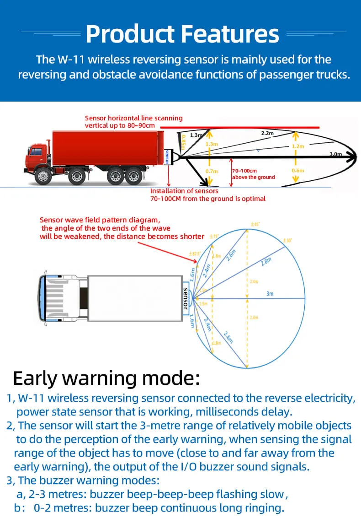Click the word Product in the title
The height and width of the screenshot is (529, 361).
click(x=129, y=34)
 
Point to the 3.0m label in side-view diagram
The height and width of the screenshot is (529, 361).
click(x=336, y=154)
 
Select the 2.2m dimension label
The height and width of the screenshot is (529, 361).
click(x=267, y=133)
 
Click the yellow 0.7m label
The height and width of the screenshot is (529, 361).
click(x=212, y=171)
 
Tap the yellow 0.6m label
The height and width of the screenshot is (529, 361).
click(x=297, y=171)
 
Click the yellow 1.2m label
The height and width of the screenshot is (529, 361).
click(x=297, y=146)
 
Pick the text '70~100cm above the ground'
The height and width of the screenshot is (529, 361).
click(x=253, y=174)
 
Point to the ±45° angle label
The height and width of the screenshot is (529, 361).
click(x=255, y=224)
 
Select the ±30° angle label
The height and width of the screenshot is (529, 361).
click(x=287, y=240)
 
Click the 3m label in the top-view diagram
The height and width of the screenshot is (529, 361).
click(x=270, y=293)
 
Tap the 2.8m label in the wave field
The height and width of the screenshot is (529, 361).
click(x=266, y=262)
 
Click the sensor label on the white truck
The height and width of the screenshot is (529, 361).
click(x=186, y=298)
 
